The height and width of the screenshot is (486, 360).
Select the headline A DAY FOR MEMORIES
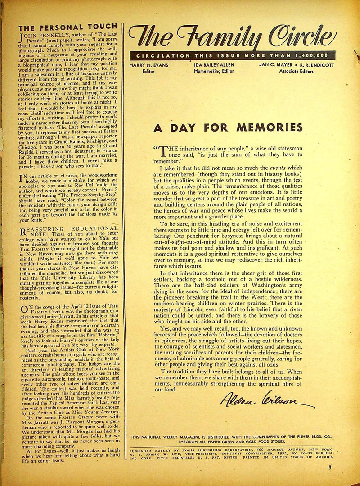point(228,127)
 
